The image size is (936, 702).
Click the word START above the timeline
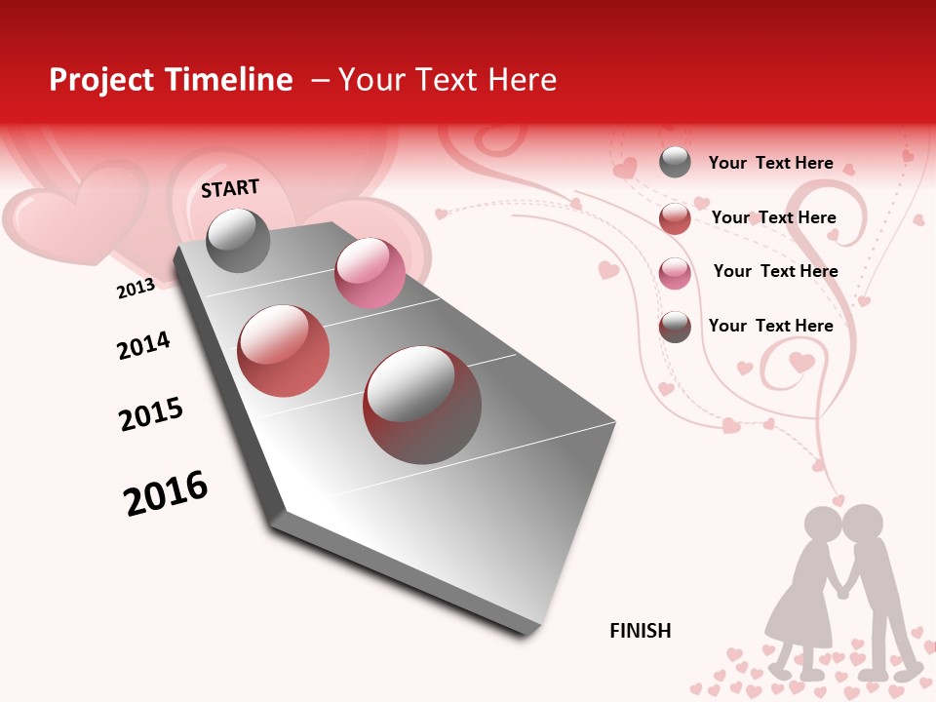(x=230, y=188)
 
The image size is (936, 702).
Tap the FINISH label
(x=640, y=631)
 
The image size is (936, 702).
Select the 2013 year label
(x=136, y=289)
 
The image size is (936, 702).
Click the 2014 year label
(x=143, y=345)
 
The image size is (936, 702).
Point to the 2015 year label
(x=151, y=414)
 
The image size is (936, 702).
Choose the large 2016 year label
(x=166, y=492)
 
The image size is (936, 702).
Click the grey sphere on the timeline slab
(x=239, y=240)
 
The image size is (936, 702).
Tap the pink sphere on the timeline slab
(x=370, y=273)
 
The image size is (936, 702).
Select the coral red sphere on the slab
(x=284, y=351)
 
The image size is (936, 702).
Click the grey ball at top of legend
(x=675, y=162)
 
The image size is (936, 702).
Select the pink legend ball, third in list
(x=675, y=273)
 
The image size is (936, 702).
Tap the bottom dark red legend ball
(x=675, y=327)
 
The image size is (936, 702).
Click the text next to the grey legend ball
(x=770, y=163)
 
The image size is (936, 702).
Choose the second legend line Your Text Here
(x=773, y=217)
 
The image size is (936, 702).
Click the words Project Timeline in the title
(x=171, y=80)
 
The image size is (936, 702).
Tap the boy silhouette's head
(x=863, y=524)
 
